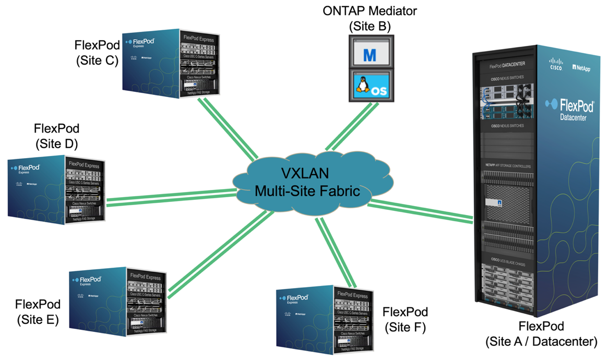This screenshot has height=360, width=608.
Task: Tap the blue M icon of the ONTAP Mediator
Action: coord(370,54)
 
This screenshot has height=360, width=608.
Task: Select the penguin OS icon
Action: coord(370,86)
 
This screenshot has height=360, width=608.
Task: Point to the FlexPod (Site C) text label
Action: coord(97,52)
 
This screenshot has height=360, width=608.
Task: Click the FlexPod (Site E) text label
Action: coord(38,311)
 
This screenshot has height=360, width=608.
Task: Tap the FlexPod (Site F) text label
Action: coord(405,319)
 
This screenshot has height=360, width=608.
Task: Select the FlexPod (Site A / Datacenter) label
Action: coord(541,334)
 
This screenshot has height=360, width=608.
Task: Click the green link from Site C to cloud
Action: coord(227,128)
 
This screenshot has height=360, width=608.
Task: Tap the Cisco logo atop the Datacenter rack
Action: coord(556,65)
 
